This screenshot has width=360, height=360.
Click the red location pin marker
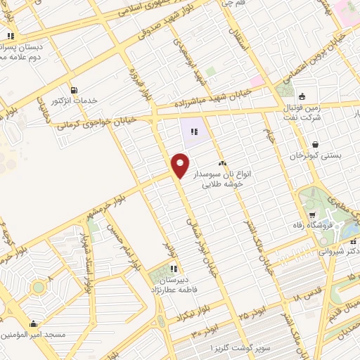click(180, 165)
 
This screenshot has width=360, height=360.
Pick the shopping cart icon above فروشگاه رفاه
click(312, 214)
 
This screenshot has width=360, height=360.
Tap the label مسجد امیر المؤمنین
click(42, 335)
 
